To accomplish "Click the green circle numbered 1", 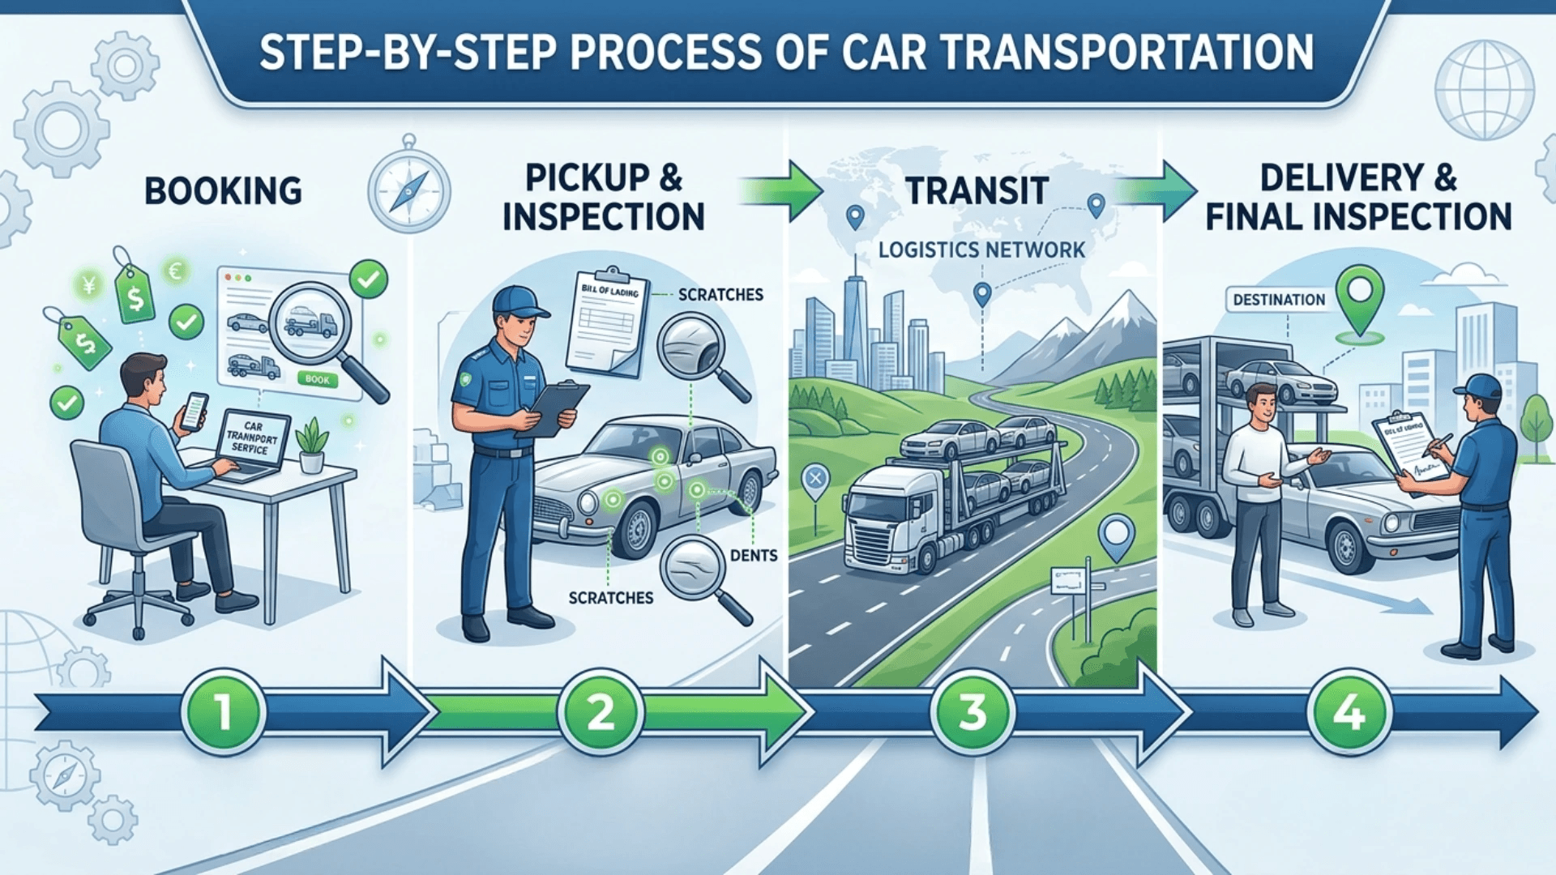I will (x=223, y=712).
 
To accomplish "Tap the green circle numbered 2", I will (x=601, y=712).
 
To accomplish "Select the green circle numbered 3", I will (x=972, y=712).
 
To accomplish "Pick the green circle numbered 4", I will (x=1349, y=712).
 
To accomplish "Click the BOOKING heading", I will (x=223, y=191).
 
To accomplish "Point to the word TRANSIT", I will (x=977, y=191).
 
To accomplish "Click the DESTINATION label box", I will (x=1279, y=300).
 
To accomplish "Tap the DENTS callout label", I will (x=754, y=556).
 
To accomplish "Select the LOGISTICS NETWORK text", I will (x=981, y=250).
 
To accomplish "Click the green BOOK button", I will (x=318, y=379).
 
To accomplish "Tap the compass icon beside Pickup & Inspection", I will (x=409, y=191).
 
